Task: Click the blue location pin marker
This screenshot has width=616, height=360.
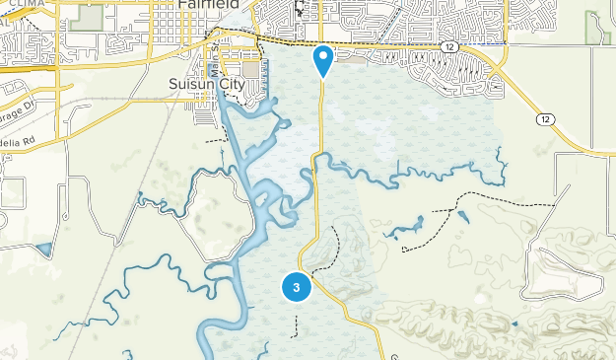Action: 322,60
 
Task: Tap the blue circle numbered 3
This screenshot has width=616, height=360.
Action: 297,287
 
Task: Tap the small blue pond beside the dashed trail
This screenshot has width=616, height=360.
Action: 462,214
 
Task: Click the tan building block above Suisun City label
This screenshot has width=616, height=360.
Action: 250,71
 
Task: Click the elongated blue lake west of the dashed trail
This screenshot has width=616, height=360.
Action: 398,233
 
